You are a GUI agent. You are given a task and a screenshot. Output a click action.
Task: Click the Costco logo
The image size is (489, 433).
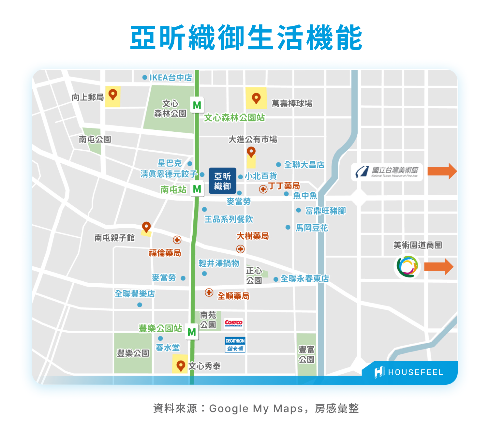click(233, 323)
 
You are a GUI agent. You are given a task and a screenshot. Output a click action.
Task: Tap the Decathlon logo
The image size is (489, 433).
click(235, 344)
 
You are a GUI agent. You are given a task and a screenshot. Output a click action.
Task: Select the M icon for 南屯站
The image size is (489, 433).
click(197, 189)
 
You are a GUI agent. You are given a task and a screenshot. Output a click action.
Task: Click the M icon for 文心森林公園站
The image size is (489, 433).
click(197, 105)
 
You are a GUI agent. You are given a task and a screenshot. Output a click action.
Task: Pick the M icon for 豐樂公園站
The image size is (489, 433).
click(192, 332)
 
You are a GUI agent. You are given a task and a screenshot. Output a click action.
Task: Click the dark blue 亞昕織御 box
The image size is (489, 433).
click(222, 181)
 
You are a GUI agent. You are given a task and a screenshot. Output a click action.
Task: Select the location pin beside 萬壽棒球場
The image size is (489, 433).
click(256, 98)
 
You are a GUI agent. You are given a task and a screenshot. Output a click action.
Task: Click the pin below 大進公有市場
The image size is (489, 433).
click(251, 152)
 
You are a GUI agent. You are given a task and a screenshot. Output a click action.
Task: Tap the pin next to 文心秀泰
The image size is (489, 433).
click(180, 366)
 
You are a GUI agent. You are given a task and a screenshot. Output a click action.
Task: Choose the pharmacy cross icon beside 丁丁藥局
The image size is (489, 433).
click(263, 189)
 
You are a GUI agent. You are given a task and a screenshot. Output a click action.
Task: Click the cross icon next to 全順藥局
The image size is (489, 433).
click(209, 292)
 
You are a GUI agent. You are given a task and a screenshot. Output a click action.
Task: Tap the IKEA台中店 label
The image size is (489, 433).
click(170, 78)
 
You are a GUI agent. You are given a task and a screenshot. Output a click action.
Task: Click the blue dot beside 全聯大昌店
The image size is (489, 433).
click(278, 165)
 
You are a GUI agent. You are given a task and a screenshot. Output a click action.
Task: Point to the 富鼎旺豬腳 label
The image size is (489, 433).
click(325, 211)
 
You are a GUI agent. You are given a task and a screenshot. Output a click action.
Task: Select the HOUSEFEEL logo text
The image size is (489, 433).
click(415, 372)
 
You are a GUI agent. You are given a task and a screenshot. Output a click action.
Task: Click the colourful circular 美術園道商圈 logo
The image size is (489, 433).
click(407, 266)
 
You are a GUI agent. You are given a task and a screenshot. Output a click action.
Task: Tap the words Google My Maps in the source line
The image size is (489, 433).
click(256, 409)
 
